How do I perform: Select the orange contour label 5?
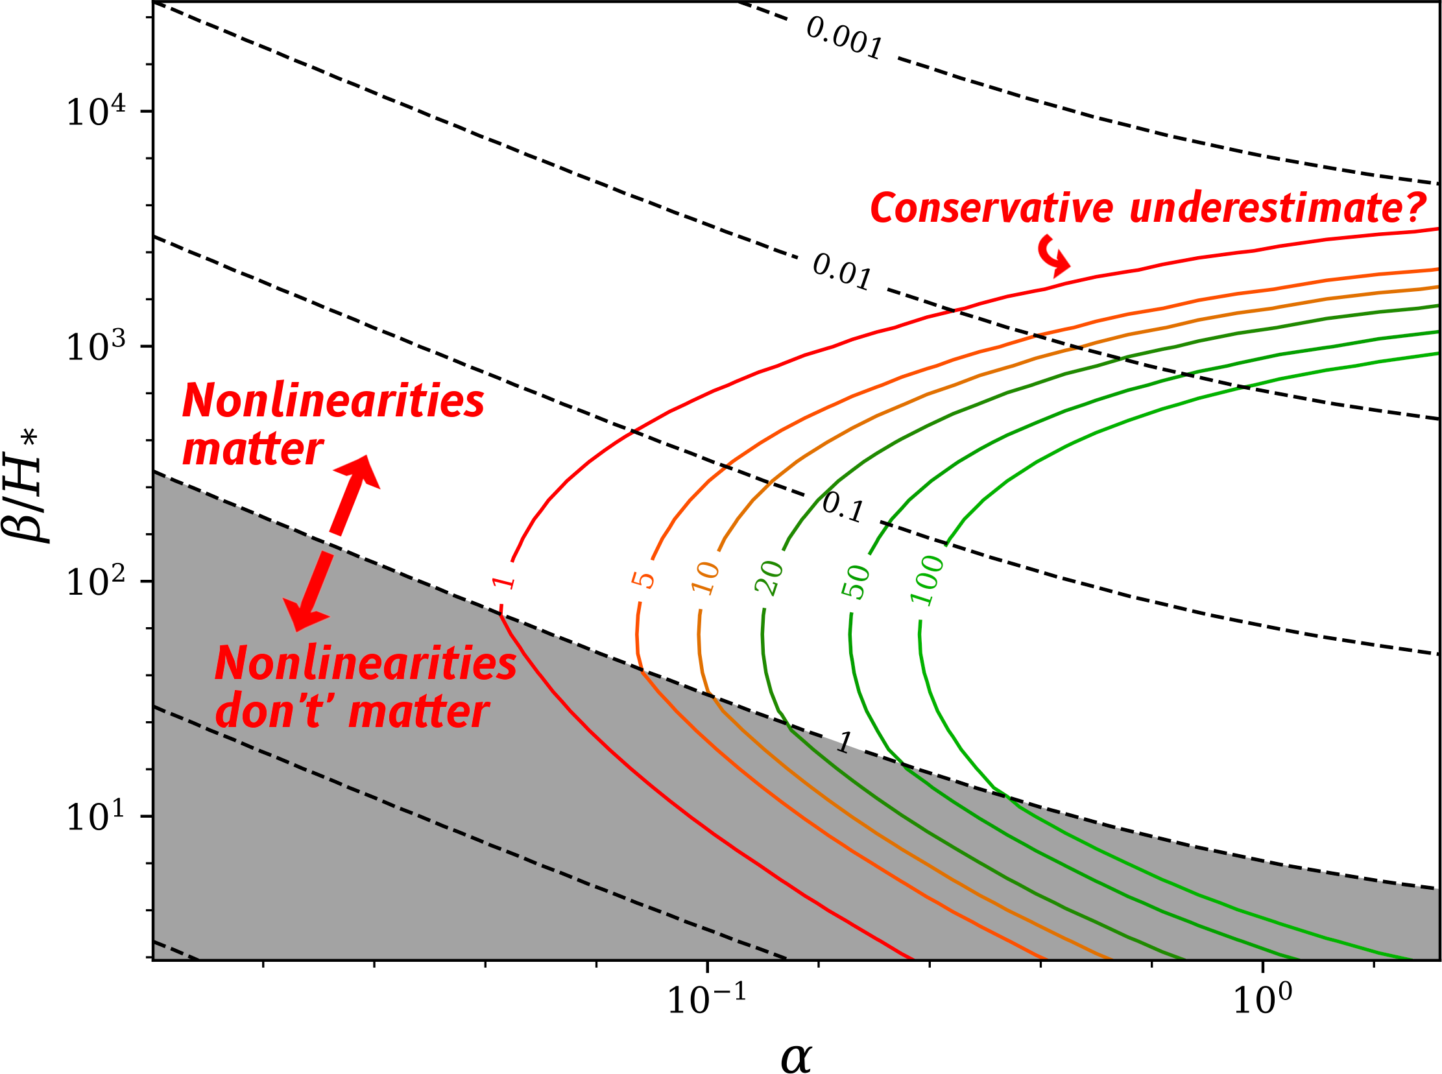[643, 579]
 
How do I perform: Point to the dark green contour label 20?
[769, 577]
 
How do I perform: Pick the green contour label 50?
[855, 581]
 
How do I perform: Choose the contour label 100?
[926, 580]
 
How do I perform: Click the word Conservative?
[991, 208]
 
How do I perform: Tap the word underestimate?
[1264, 208]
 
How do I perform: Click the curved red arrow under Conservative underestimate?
[1053, 256]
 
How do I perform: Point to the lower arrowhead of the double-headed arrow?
[303, 613]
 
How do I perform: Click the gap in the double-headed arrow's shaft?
[331, 544]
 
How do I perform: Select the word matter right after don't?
[418, 712]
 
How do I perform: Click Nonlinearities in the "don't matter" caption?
[365, 663]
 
